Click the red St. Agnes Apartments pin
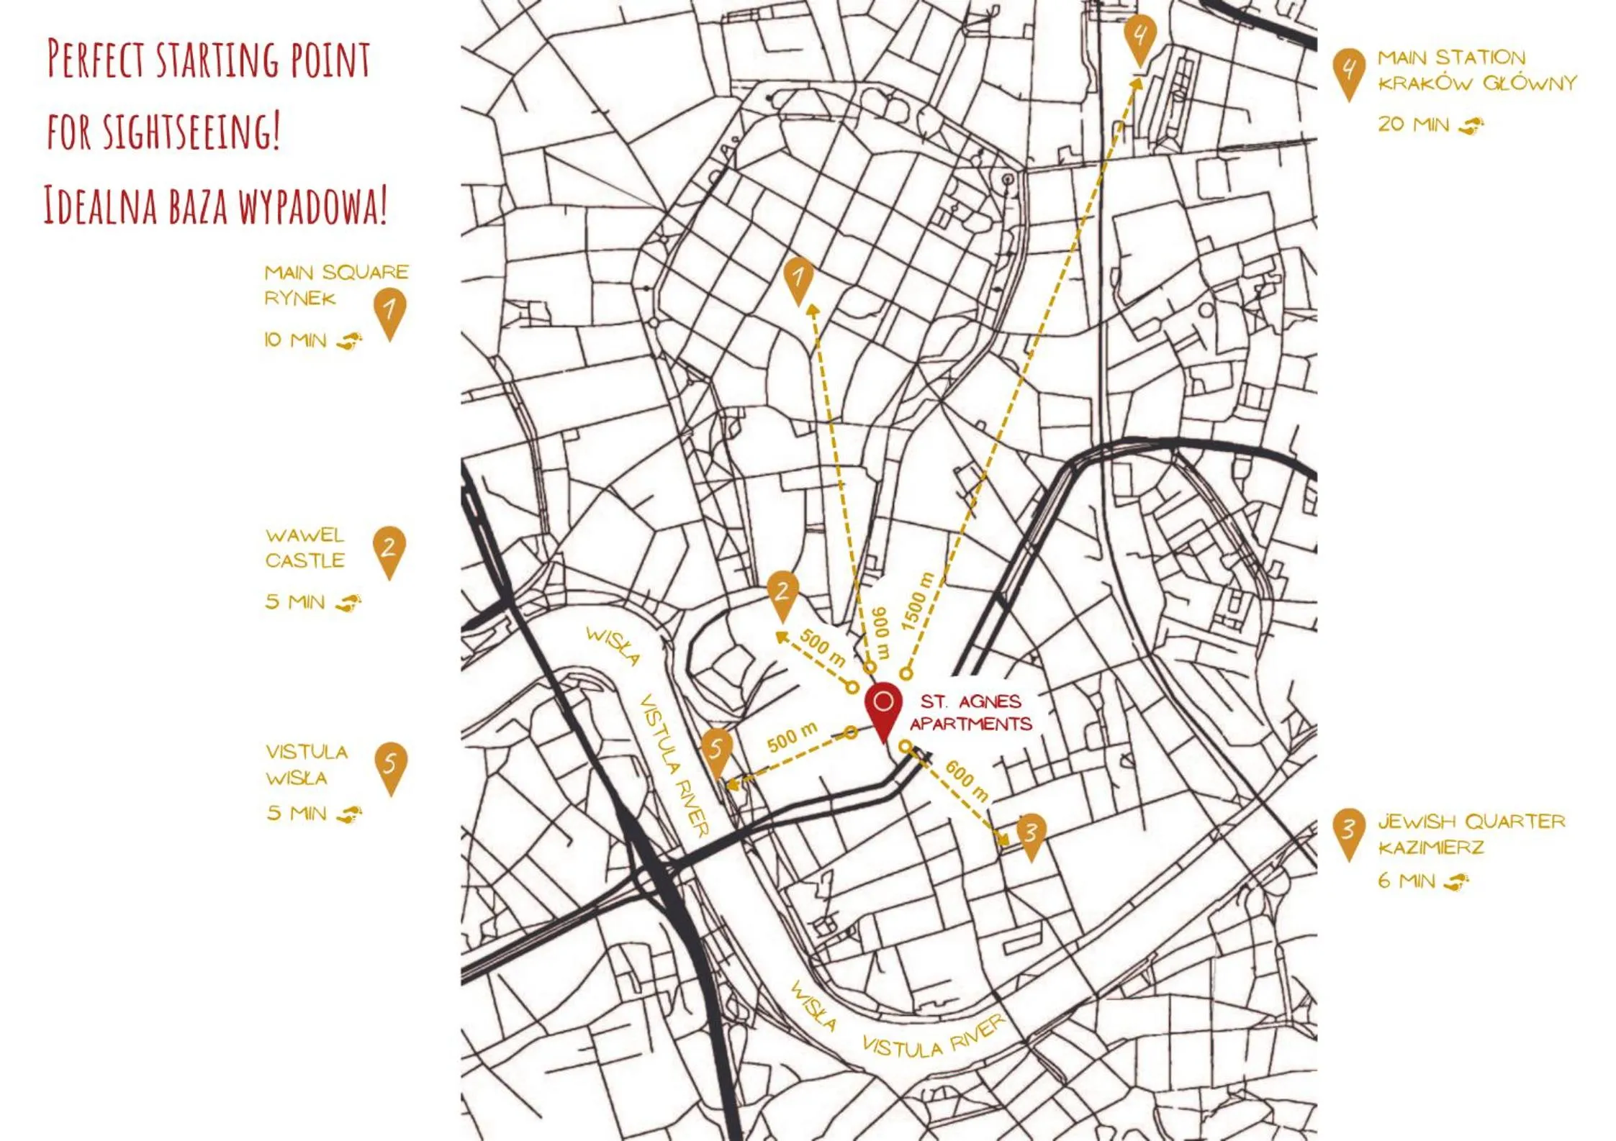point(883,709)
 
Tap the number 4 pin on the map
point(1139,37)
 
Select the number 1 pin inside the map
point(798,279)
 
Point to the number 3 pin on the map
point(1031,835)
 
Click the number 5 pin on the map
point(716,752)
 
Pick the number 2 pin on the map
point(782,595)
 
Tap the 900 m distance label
point(882,632)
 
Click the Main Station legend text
point(1476,70)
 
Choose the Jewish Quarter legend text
point(1471,834)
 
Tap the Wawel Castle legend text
point(305,547)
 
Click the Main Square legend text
point(335,284)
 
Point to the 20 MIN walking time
point(1413,124)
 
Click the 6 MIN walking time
point(1406,881)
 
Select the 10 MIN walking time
point(295,340)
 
